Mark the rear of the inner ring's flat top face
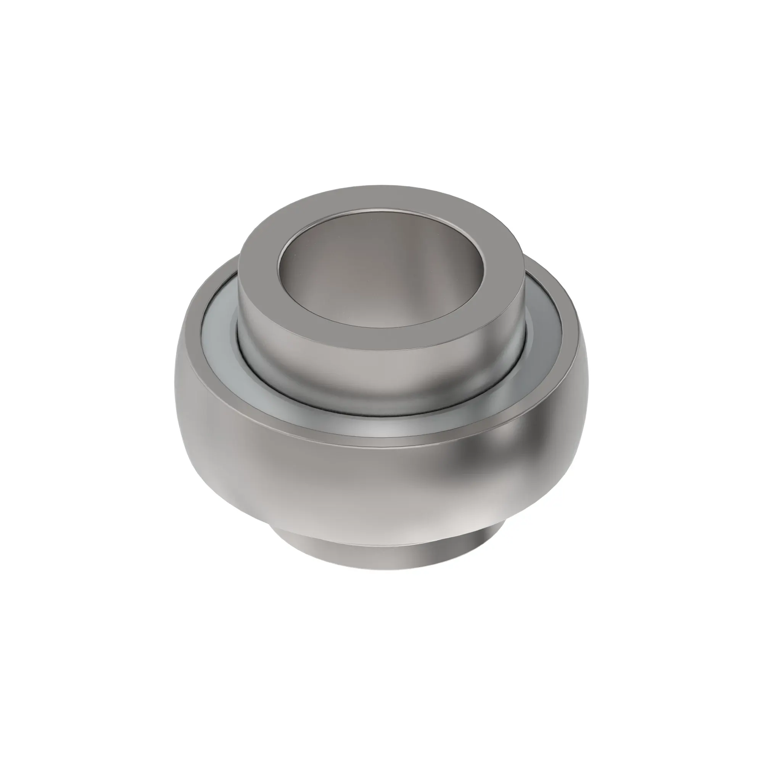(381, 198)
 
